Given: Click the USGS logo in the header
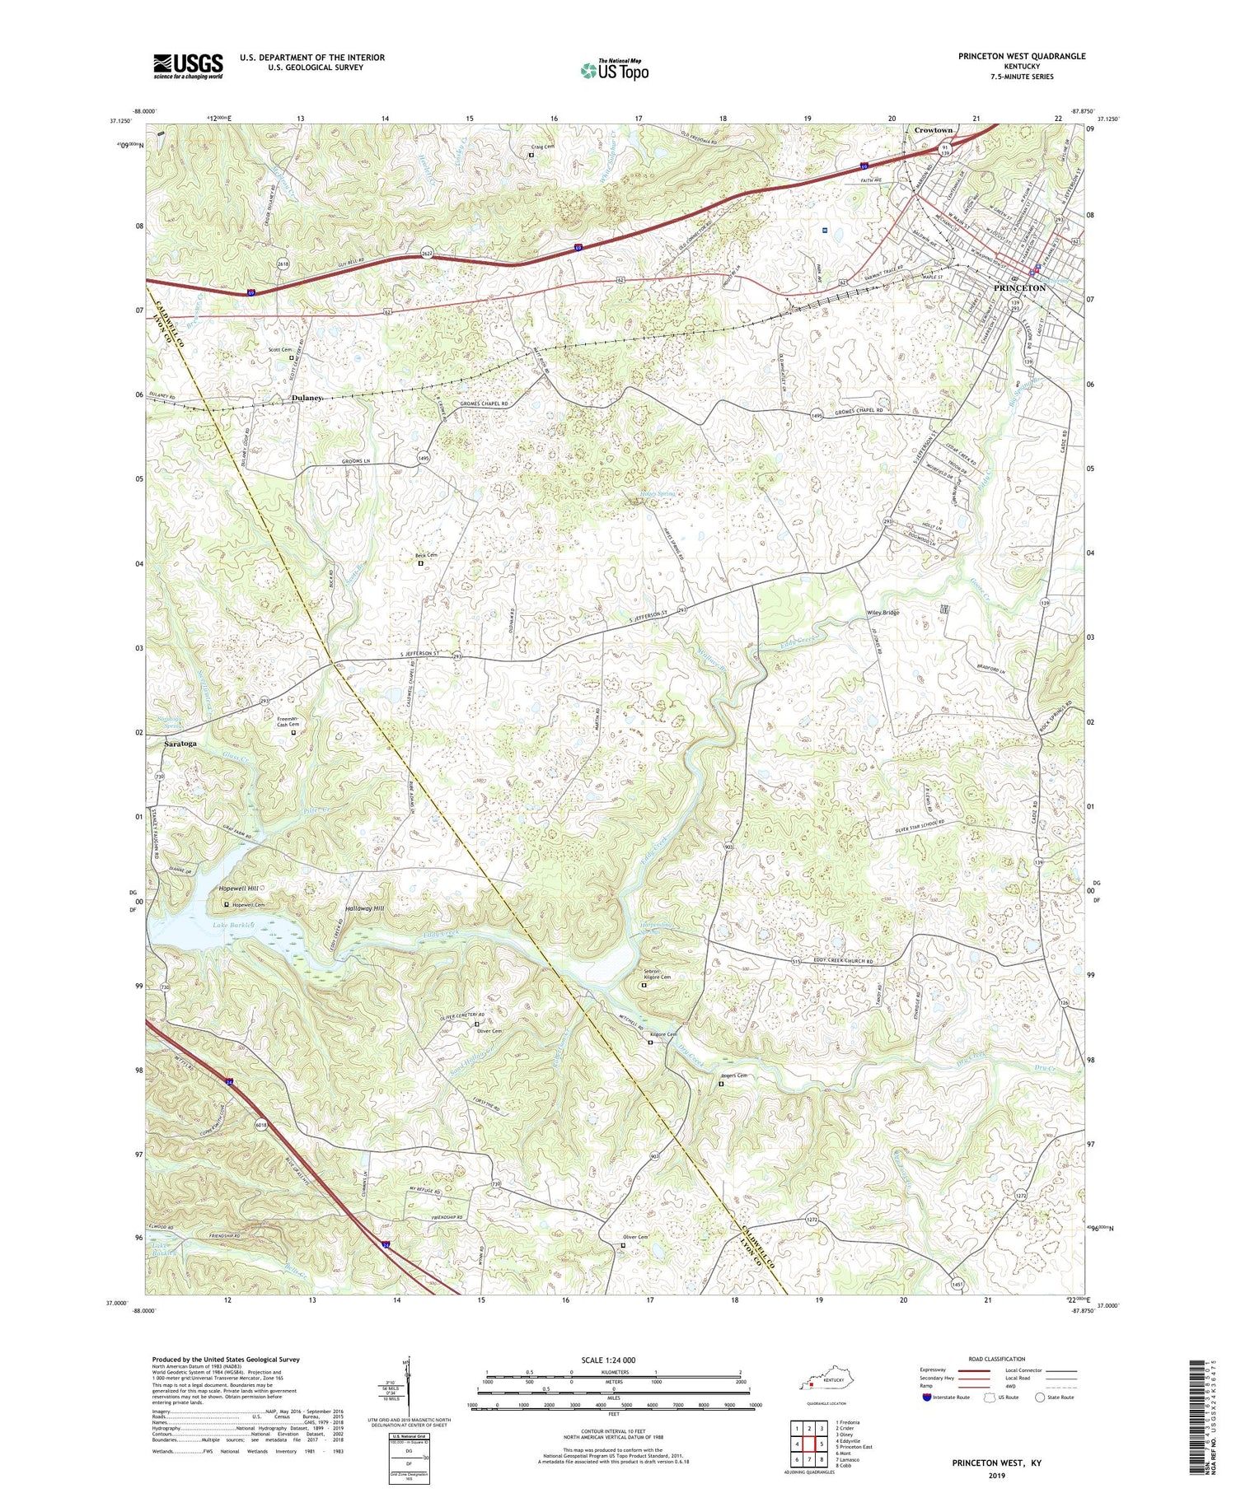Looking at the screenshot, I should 188,66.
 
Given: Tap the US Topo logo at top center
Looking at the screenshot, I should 614,71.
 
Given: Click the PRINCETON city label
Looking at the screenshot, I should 1019,288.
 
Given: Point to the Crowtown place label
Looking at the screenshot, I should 933,130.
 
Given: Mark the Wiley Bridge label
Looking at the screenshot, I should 882,613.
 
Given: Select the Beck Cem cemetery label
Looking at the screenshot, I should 426,556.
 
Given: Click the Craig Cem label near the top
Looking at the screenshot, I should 541,147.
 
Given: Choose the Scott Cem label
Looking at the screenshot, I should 280,350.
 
